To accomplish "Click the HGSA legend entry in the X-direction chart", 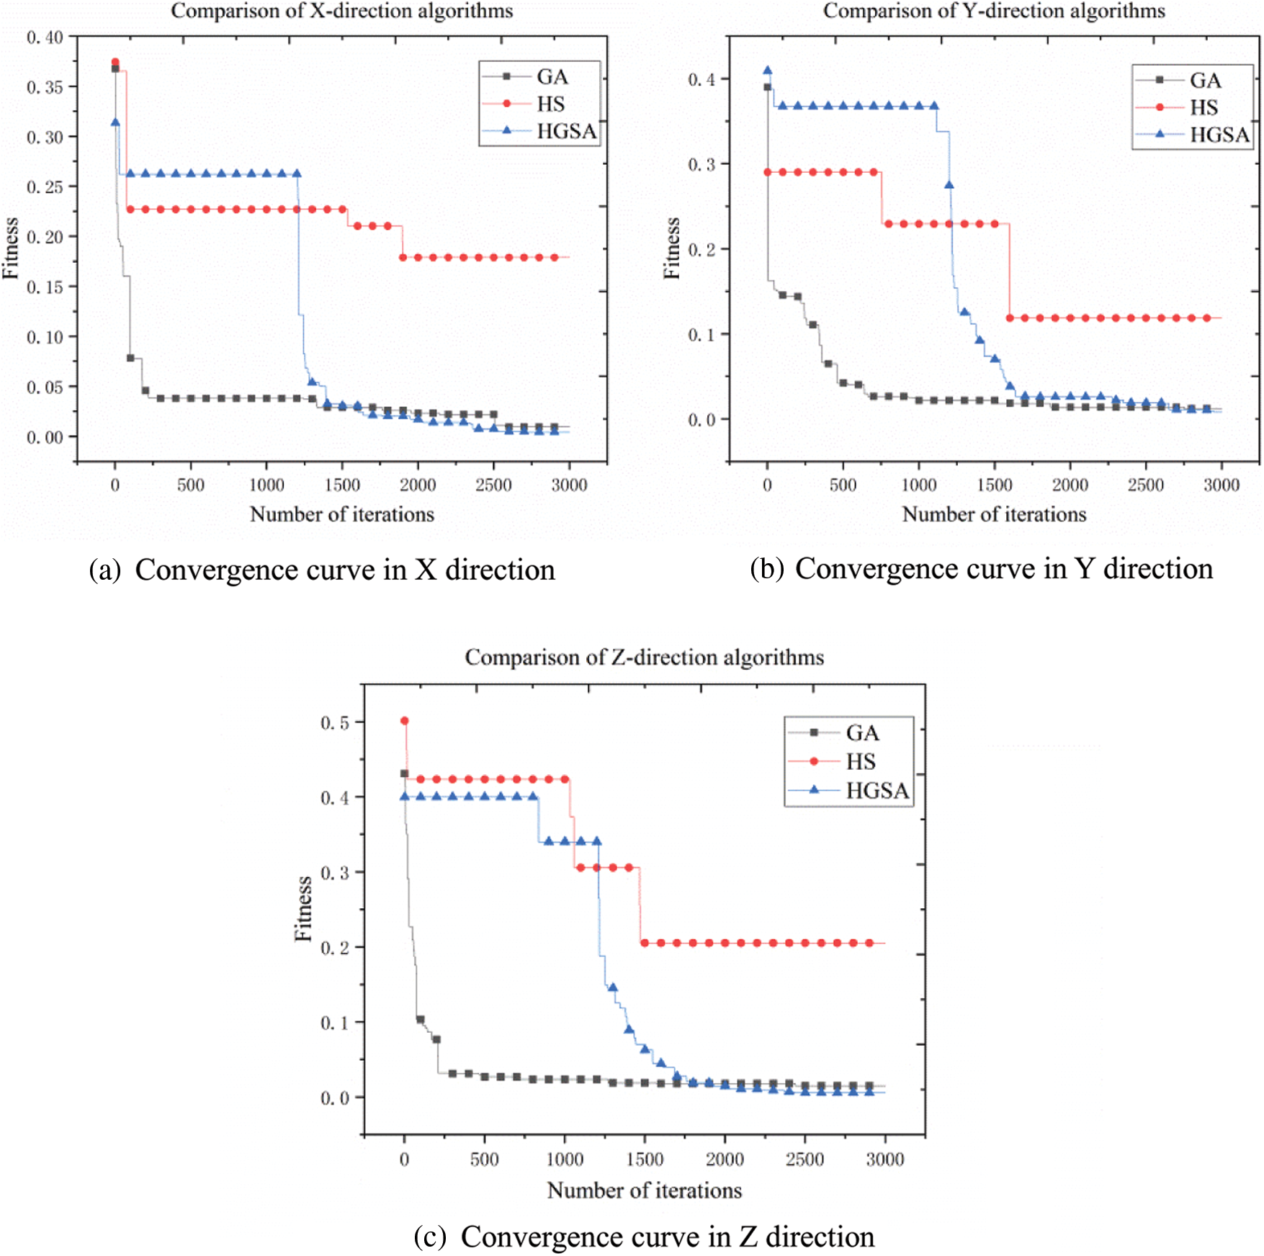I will point(565,131).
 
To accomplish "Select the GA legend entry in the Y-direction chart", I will point(1205,80).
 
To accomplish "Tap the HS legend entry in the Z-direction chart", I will point(861,761).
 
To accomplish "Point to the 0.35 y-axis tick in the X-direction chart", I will point(45,87).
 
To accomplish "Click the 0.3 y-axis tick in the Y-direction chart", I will point(702,164).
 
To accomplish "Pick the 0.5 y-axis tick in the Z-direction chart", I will point(334,722).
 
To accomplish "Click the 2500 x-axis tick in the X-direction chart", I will point(493,485).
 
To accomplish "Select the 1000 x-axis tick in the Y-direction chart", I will point(919,485).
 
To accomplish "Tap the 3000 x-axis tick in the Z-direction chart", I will point(884,1159).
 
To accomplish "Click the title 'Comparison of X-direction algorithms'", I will point(341,11).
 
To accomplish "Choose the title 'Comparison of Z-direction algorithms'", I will point(644,657).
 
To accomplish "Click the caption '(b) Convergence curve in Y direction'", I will point(981,569).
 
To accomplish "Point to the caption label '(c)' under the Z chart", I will point(430,1237).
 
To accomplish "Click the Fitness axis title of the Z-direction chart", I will point(304,909).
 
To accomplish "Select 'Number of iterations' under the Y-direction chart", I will point(994,514).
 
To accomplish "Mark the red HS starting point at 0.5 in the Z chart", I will point(404,721).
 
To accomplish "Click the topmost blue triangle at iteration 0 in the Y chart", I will point(768,71).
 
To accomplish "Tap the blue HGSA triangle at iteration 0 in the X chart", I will point(115,122).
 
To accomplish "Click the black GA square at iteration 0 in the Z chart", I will point(404,773).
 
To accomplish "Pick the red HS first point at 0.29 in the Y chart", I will point(768,172).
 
